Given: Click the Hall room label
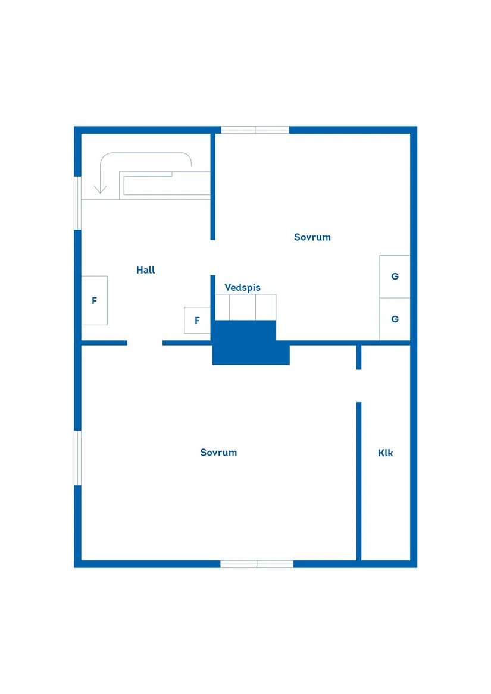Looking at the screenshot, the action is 145,270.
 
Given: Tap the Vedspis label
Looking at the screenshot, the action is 242,288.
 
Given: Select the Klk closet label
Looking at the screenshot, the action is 385,453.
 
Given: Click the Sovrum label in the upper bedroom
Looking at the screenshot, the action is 312,237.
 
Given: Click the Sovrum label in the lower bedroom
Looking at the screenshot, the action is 218,453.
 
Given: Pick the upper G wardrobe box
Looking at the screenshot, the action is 395,277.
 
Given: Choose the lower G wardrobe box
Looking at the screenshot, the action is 395,319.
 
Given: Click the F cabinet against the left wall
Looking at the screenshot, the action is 95,300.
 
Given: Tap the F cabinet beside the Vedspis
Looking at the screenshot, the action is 197,320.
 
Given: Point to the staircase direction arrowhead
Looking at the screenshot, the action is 100,190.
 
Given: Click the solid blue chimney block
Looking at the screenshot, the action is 251,343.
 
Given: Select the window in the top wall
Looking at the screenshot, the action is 255,130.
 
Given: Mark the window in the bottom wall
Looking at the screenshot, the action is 257,563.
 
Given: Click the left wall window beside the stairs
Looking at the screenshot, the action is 77,203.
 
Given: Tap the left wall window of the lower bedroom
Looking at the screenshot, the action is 77,458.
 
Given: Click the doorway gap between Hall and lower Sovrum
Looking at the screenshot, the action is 145,343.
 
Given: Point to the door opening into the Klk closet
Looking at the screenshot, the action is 359,386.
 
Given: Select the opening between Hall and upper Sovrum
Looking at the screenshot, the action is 212,257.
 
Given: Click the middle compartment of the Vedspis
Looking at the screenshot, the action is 242,307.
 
